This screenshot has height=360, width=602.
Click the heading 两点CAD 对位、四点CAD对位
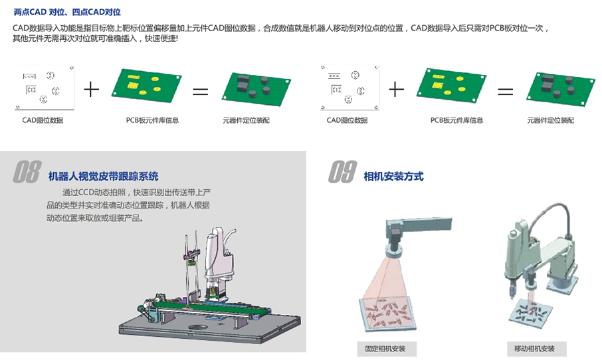[67, 12]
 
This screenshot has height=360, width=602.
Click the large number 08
[27, 171]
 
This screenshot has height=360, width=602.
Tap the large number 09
[342, 171]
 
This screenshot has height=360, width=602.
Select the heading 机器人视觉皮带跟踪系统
[103, 177]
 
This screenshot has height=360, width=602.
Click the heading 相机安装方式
[393, 177]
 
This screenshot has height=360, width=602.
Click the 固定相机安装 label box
[387, 349]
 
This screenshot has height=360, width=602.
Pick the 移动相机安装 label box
[536, 349]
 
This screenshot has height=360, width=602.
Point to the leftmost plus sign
[92, 90]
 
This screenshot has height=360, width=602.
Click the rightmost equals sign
[505, 92]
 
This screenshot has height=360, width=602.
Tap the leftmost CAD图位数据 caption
[43, 120]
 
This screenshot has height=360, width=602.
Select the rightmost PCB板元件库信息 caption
[456, 120]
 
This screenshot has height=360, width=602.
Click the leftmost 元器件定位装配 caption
[246, 120]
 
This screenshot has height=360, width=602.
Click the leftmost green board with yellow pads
[146, 86]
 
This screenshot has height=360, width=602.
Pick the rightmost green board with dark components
[561, 90]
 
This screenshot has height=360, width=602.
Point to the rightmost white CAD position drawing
[350, 88]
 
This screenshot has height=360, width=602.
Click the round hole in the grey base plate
[198, 327]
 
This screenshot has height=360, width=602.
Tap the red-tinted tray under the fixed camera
[387, 314]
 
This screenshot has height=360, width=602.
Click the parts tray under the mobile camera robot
[532, 312]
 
